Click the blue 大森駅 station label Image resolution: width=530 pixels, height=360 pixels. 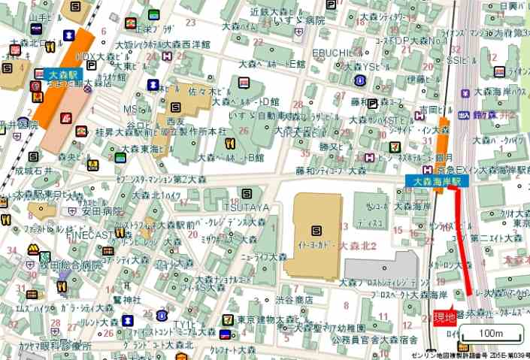tap(64, 74)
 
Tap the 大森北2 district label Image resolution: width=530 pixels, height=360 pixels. tap(362, 246)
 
